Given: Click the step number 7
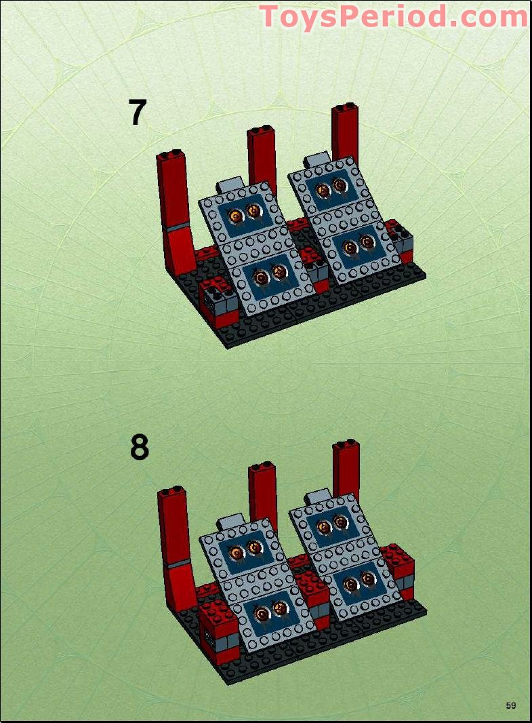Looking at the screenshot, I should pos(138,113).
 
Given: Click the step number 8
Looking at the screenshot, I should pos(139,448).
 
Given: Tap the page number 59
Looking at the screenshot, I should pos(510,705).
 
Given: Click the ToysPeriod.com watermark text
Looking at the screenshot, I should pos(393,16).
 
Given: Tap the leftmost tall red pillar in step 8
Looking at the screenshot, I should pos(173,536).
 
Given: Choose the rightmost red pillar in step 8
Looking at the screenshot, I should pos(346,471).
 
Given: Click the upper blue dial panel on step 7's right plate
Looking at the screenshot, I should pos(330,186).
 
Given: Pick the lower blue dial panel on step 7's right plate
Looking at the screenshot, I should pos(356,247).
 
